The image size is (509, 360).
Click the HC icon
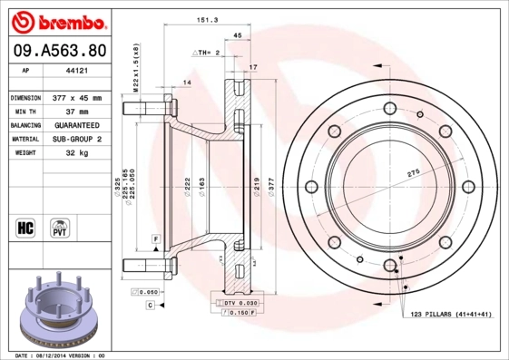pyautogui.click(x=25, y=226)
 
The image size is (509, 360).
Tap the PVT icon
pyautogui.click(x=60, y=226)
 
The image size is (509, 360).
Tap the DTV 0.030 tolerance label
pyautogui.click(x=237, y=302)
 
